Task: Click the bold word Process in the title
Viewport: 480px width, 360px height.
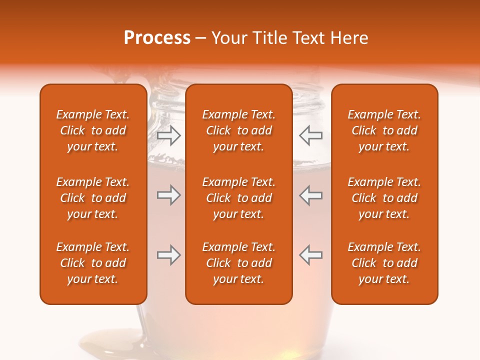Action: pos(157,38)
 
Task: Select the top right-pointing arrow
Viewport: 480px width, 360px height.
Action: pos(168,135)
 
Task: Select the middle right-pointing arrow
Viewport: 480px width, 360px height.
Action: pos(168,195)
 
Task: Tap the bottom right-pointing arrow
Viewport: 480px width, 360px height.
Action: pos(168,255)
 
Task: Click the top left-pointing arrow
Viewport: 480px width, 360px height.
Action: pos(310,135)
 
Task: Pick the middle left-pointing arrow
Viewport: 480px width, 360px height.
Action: pos(310,195)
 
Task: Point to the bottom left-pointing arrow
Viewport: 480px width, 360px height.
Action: pos(310,255)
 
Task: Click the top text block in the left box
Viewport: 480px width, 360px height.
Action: pos(93,130)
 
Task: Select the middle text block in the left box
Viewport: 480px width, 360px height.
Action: pos(93,198)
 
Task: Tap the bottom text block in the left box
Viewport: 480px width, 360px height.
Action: pos(93,263)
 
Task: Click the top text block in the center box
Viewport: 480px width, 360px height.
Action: pos(238,130)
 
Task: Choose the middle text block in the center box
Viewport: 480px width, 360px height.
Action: pos(238,198)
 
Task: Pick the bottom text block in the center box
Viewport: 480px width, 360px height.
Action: pos(238,263)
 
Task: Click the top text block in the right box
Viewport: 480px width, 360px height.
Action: pos(384,130)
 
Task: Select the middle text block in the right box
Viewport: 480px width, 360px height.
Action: pos(384,198)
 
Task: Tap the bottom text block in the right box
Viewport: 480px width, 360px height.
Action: pos(384,263)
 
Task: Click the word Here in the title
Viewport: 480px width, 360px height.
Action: pos(349,38)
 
